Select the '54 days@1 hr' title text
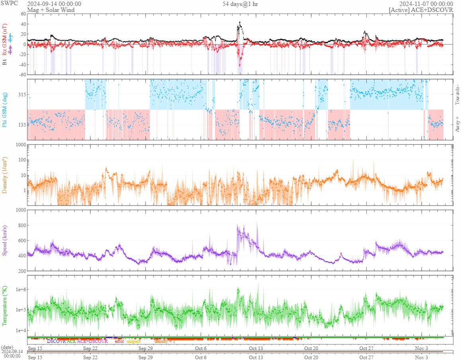(240, 4)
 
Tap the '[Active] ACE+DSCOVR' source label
(421, 10)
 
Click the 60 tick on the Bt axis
(23, 14)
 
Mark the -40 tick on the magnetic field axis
(21, 64)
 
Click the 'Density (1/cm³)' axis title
(5, 175)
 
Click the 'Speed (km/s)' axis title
(5, 241)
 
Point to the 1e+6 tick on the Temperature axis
(20, 289)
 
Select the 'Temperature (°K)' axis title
(5, 306)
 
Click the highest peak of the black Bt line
(240, 22)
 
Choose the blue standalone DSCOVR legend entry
(56, 341)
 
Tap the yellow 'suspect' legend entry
(133, 341)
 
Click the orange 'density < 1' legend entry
(164, 341)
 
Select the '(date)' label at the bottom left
(8, 347)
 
